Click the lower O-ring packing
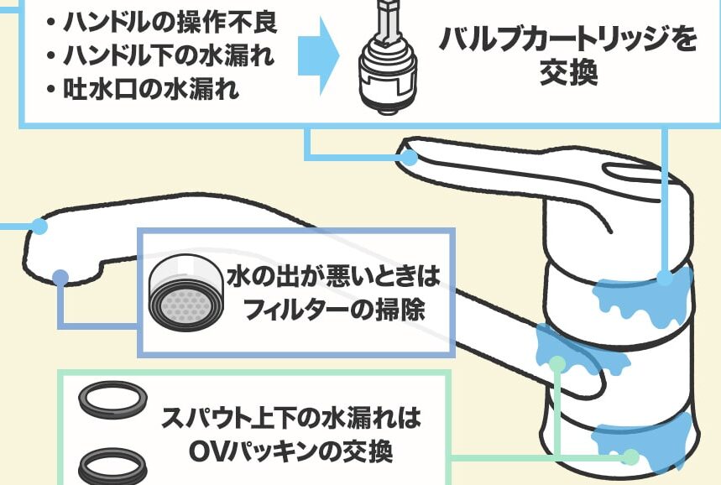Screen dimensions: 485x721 (x=113, y=461)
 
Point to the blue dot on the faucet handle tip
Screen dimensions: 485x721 (x=410, y=156)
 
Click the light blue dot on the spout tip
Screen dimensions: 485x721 (x=39, y=226)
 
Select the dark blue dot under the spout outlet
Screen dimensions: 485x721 (x=60, y=278)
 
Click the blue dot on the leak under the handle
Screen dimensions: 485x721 (x=665, y=279)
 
